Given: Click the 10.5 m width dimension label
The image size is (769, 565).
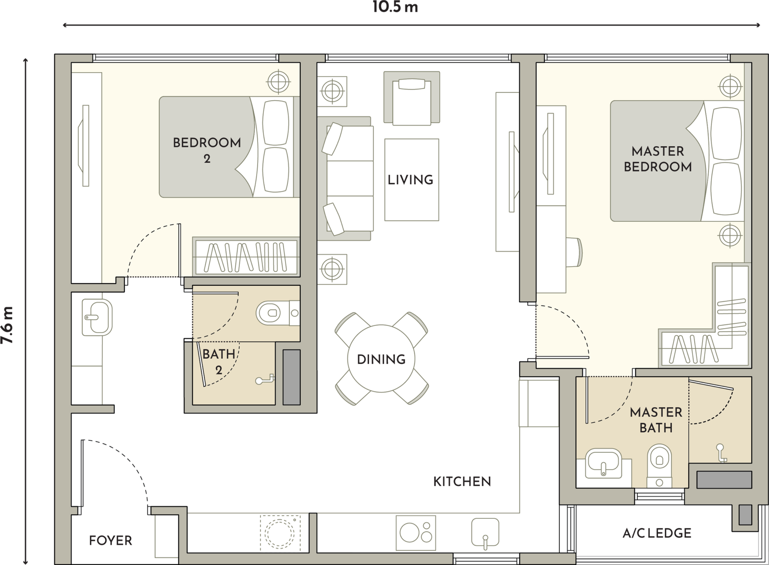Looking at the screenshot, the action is pyautogui.click(x=395, y=7).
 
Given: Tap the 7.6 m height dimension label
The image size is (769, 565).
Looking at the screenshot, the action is pyautogui.click(x=7, y=325).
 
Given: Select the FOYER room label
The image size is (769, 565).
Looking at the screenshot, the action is pyautogui.click(x=111, y=540).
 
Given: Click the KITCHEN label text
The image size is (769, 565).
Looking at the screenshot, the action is pyautogui.click(x=462, y=481).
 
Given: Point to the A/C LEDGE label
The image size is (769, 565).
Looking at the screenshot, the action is pyautogui.click(x=657, y=533).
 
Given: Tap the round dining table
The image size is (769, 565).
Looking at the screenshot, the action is pyautogui.click(x=381, y=359).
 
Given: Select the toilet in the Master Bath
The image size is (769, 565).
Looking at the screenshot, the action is pyautogui.click(x=659, y=466).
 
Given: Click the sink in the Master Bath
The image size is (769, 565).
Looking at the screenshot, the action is pyautogui.click(x=603, y=463).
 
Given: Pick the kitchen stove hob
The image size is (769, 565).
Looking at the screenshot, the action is pyautogui.click(x=416, y=533).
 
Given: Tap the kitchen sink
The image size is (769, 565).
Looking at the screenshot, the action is pyautogui.click(x=485, y=532).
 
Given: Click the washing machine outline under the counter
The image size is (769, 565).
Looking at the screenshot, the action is pyautogui.click(x=280, y=533).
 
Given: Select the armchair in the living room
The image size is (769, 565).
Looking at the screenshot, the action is pyautogui.click(x=411, y=98).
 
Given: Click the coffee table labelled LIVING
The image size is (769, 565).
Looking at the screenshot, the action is pyautogui.click(x=411, y=180).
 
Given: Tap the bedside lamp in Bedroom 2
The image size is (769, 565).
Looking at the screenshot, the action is pyautogui.click(x=278, y=82).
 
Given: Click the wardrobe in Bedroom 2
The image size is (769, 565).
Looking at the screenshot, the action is pyautogui.click(x=246, y=257).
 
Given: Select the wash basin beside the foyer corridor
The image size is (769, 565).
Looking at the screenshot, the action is pyautogui.click(x=97, y=317).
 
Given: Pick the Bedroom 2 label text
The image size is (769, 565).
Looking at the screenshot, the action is pyautogui.click(x=207, y=150).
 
